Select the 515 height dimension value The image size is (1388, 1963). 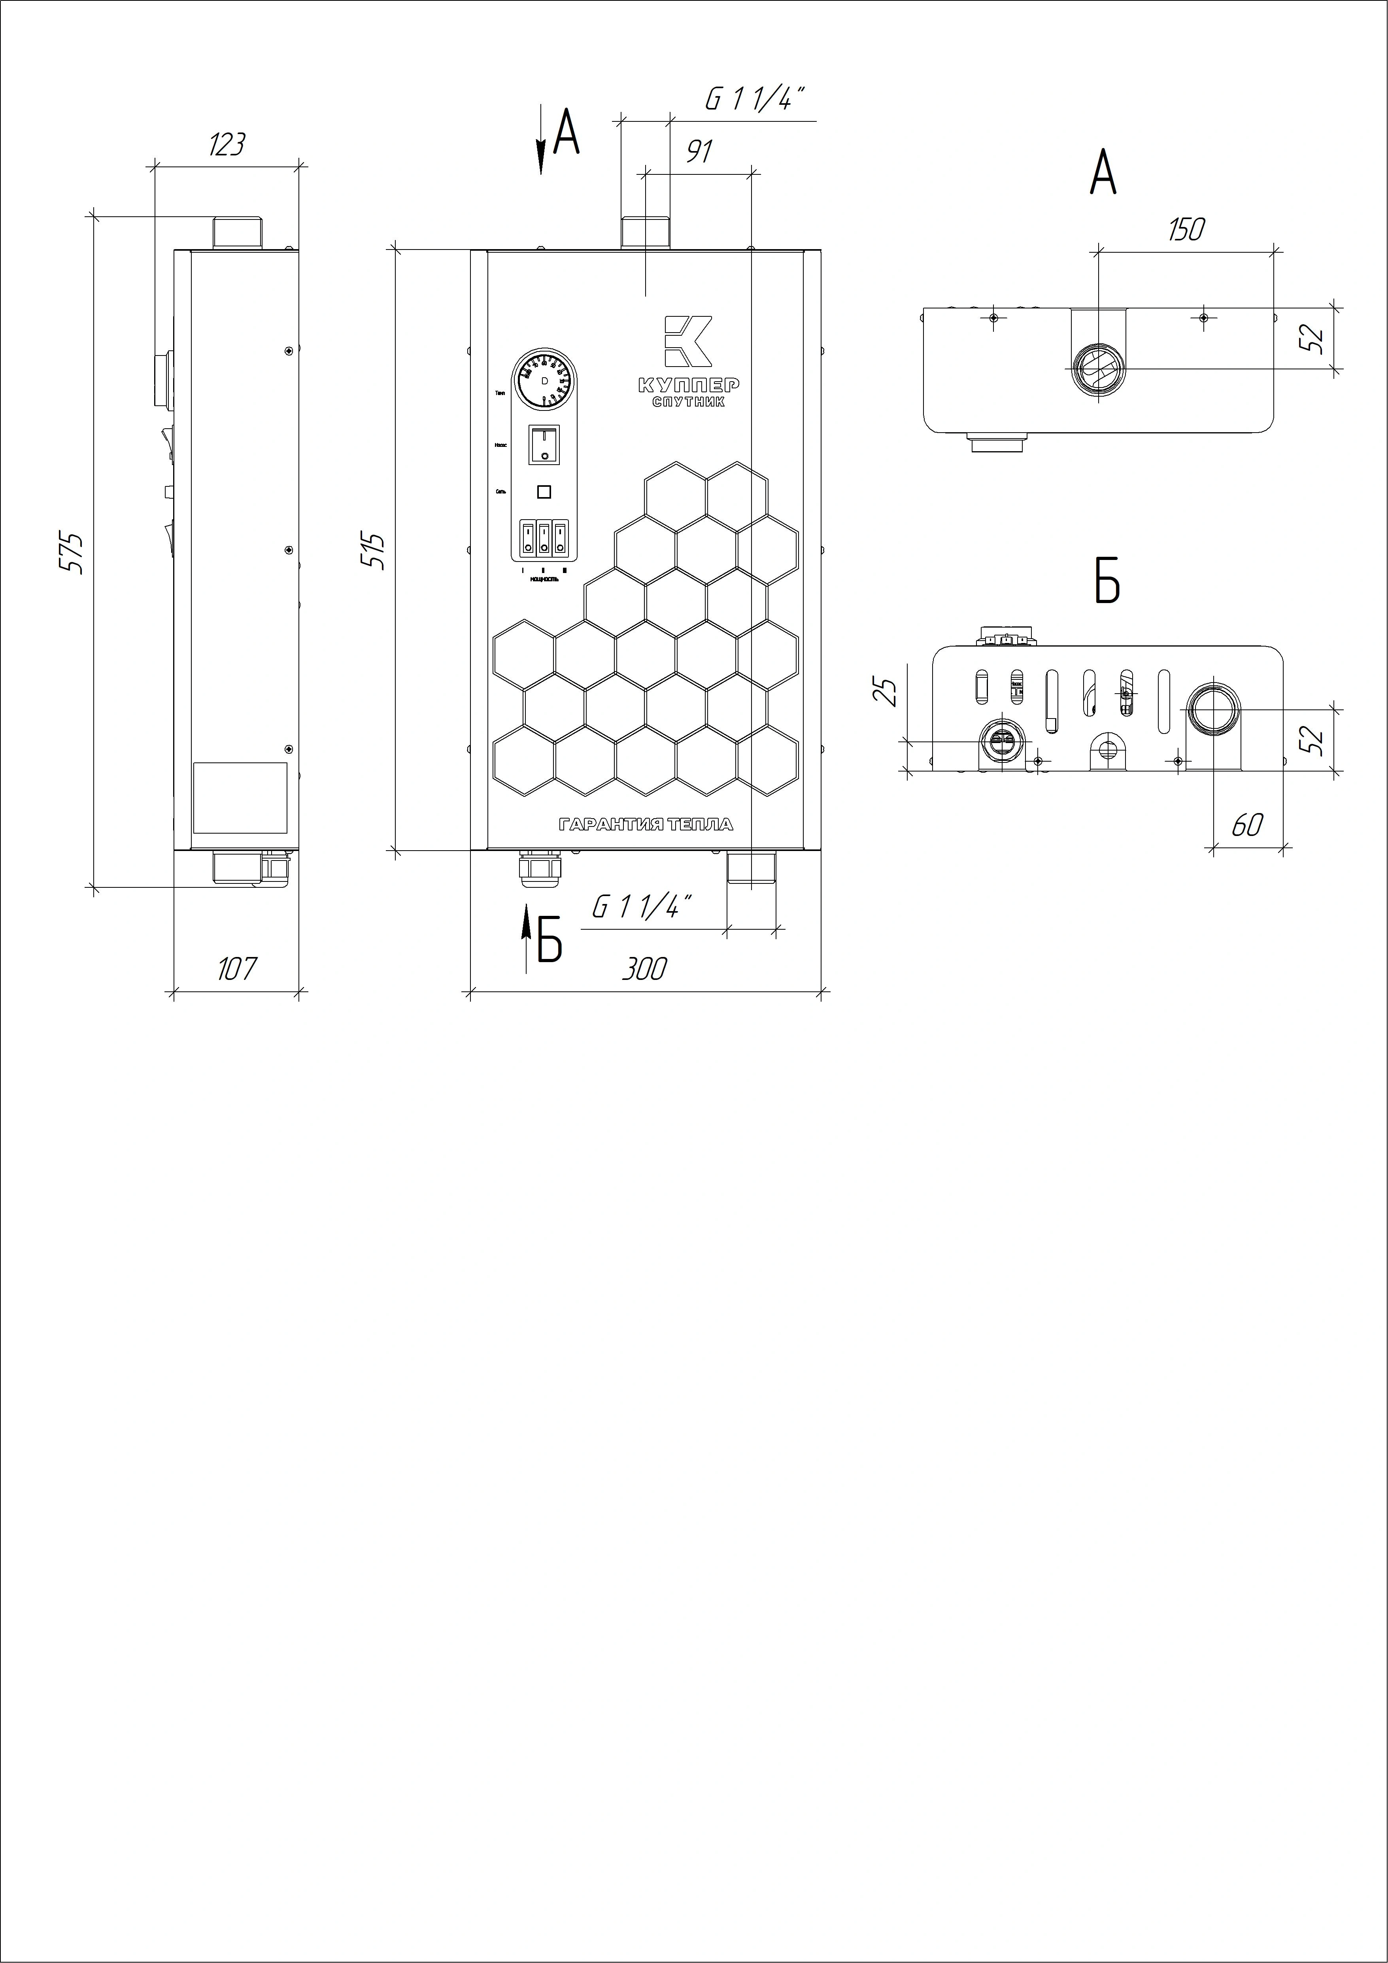click(374, 552)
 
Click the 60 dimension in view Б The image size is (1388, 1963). click(1247, 825)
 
